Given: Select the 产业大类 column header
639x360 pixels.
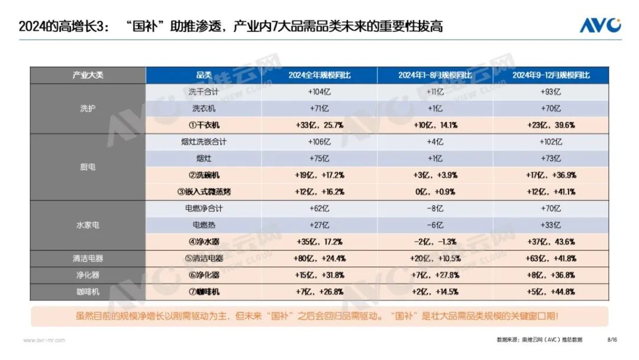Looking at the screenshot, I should (88, 75).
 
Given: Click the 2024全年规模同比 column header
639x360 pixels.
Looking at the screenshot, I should (319, 75).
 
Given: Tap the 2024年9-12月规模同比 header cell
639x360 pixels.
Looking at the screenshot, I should (551, 75).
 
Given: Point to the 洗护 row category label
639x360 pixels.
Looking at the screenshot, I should (88, 108).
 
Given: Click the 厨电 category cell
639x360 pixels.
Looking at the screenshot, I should (88, 167).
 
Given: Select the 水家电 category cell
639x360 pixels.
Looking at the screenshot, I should (88, 225).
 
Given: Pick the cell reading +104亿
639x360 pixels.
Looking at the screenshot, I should (319, 92).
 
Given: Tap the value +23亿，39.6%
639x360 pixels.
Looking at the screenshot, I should (551, 125).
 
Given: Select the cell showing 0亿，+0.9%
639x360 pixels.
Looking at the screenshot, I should (435, 192).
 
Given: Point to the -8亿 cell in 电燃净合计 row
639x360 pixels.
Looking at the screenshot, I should (435, 208).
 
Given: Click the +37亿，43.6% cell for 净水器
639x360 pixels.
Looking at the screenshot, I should (551, 242).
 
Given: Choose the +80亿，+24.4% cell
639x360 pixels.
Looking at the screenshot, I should (319, 258).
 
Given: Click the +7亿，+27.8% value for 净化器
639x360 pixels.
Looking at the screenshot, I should (435, 275).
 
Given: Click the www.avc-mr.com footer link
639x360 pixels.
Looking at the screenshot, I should (44, 340).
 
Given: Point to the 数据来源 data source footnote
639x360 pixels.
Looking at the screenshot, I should (539, 340).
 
